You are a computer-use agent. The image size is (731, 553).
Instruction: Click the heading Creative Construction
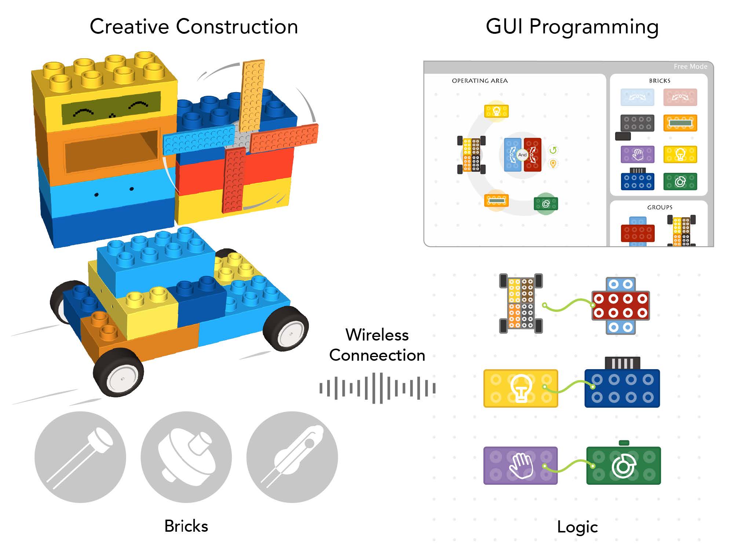(x=194, y=27)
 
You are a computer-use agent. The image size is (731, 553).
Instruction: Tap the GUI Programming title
(x=572, y=27)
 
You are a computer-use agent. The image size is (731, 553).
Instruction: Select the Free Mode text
(x=690, y=66)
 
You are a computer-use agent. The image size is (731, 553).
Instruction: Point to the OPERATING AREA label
(x=479, y=81)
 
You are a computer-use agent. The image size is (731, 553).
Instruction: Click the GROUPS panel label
(x=659, y=207)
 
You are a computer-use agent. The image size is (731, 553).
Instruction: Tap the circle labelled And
(x=522, y=155)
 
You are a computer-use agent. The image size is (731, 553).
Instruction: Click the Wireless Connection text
(x=377, y=345)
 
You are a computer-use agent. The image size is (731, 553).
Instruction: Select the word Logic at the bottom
(x=577, y=527)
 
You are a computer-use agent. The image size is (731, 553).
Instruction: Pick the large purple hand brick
(x=520, y=465)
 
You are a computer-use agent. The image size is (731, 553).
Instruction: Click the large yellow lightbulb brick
(x=520, y=388)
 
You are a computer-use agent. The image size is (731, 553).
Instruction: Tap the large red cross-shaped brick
(x=620, y=306)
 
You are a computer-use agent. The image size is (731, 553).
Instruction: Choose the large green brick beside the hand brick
(x=623, y=465)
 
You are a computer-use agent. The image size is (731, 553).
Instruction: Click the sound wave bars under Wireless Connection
(x=377, y=388)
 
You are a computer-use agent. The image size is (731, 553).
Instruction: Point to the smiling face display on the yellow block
(x=111, y=108)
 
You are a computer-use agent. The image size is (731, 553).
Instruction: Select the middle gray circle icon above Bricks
(x=186, y=457)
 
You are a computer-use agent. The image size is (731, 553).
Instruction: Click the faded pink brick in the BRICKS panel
(x=680, y=97)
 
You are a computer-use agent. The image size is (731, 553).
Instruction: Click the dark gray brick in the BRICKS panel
(x=637, y=123)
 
